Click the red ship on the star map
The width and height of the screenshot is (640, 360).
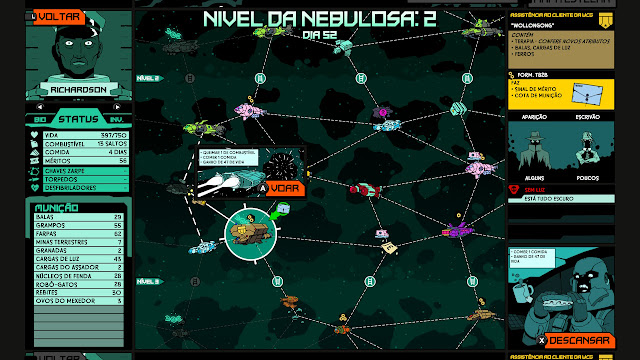pyautogui.click(x=366, y=188)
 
